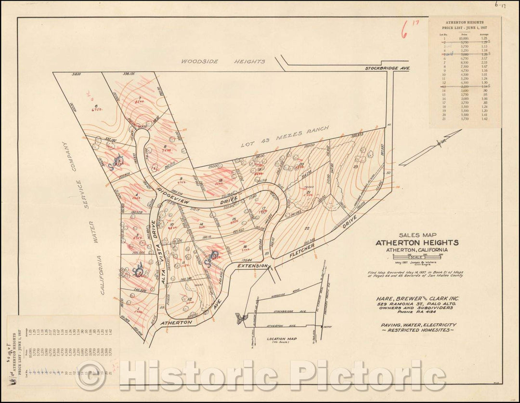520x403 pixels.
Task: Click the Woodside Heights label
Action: pyautogui.click(x=223, y=62)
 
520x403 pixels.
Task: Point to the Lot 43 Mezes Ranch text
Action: pyautogui.click(x=285, y=137)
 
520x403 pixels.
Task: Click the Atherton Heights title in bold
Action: pyautogui.click(x=417, y=242)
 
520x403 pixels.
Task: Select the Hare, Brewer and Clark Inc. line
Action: pyautogui.click(x=417, y=298)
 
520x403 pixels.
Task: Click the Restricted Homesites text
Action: pyautogui.click(x=417, y=332)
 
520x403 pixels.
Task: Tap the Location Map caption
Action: pyautogui.click(x=281, y=338)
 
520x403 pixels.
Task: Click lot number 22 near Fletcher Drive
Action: pyautogui.click(x=306, y=229)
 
